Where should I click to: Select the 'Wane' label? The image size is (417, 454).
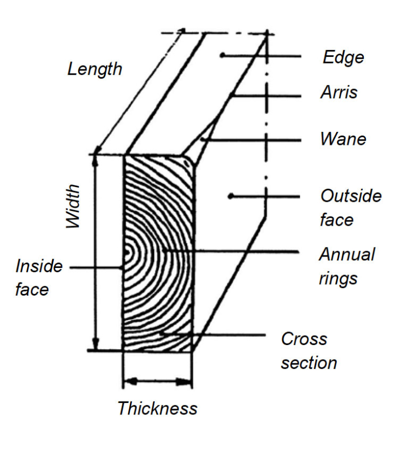click(x=343, y=139)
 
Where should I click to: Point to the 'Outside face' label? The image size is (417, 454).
click(x=350, y=207)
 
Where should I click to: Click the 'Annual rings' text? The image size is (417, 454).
click(x=346, y=266)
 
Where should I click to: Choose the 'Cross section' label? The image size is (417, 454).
click(x=308, y=350)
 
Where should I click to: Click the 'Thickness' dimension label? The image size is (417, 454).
click(x=157, y=408)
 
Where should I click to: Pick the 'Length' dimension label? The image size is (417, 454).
click(x=94, y=69)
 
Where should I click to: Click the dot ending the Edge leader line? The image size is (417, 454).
click(x=222, y=55)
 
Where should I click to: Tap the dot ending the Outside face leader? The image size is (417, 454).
click(x=230, y=195)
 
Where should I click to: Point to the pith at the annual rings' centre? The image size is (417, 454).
click(x=127, y=252)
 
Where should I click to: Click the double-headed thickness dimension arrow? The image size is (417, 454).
click(x=157, y=382)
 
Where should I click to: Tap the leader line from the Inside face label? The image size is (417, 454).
click(x=95, y=267)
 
